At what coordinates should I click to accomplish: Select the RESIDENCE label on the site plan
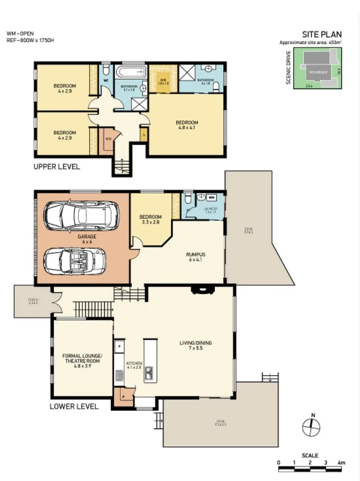[x=318, y=72]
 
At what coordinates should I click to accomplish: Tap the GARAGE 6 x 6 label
[x=86, y=239]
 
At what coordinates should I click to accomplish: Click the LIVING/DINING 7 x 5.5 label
[x=196, y=346]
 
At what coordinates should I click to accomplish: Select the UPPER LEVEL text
[x=56, y=167]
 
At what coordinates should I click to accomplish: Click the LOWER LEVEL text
[x=74, y=406]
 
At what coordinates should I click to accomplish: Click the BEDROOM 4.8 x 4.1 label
[x=187, y=125]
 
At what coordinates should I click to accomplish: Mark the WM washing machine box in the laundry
[x=212, y=197]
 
